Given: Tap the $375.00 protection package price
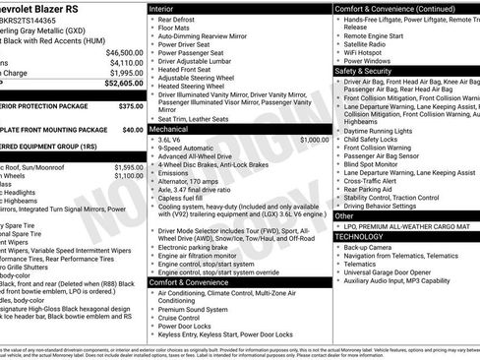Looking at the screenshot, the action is coord(130,105).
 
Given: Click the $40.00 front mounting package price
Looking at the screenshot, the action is coord(133,129).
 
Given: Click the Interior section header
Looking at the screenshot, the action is coord(162,7).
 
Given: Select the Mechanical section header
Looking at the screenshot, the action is coord(169,129).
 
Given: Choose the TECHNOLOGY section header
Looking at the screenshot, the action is coord(359,236).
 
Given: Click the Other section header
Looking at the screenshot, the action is coord(344,215).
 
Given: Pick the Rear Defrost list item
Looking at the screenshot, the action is coord(176,19).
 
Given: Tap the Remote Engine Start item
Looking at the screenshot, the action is coord(376,34).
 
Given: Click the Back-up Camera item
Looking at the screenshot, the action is coord(370,247).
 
